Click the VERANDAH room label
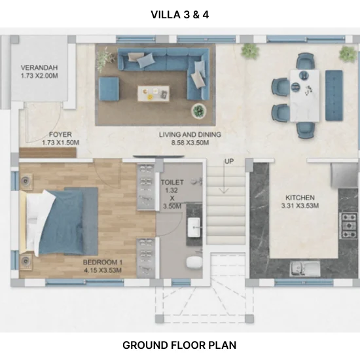tap(39, 67)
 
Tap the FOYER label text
tap(60, 134)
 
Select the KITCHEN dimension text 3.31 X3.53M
tap(300, 206)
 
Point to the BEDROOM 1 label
tap(103, 262)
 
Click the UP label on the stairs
tap(229, 162)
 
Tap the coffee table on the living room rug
tap(154, 94)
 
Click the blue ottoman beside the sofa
tap(109, 89)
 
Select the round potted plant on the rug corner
tap(198, 111)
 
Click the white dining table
tap(304, 96)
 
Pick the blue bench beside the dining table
tap(334, 96)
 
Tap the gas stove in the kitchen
tap(350, 225)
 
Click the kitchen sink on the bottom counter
tap(305, 269)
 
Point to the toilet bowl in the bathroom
tap(194, 262)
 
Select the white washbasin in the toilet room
tap(194, 227)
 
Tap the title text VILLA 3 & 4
tap(180, 14)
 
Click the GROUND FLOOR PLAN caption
tap(179, 345)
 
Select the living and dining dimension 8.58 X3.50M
tap(190, 143)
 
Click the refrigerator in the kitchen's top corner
tap(345, 175)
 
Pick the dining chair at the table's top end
tap(305, 61)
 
